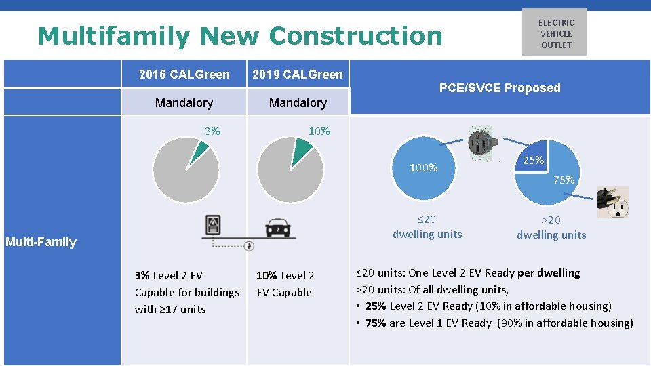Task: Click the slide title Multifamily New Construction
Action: click(240, 36)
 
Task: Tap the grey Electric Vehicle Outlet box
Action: click(555, 33)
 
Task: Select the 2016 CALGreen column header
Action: click(184, 75)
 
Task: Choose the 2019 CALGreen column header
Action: click(297, 75)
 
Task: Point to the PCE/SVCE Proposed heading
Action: click(500, 88)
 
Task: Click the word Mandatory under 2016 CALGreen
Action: click(184, 103)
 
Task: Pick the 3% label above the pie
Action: click(212, 131)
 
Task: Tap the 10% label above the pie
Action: click(319, 131)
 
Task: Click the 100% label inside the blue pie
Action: click(424, 168)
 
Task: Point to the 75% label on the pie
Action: click(564, 180)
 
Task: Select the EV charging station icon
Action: click(214, 225)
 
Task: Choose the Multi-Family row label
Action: click(41, 242)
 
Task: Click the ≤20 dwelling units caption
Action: click(427, 227)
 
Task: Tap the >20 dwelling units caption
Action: click(551, 228)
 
